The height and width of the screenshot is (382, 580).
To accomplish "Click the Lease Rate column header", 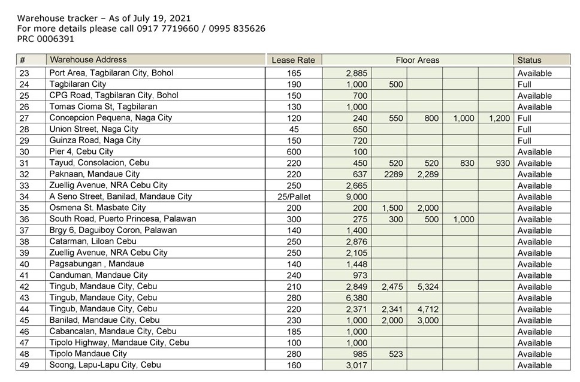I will point(294,60).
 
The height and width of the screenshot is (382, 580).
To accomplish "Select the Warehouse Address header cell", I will point(88,60).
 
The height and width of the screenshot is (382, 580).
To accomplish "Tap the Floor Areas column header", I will point(417,60).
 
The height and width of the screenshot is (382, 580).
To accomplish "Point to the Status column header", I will point(529,60).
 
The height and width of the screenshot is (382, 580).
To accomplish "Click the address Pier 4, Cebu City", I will point(81,151).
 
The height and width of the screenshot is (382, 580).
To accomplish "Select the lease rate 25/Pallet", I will point(294,196).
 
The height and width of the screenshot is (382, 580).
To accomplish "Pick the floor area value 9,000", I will point(357,196).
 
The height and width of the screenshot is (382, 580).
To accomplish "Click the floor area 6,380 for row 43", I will point(357,298).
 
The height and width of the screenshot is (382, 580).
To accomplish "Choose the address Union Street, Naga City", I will point(93,129).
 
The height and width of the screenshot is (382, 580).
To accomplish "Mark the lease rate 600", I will point(294,152).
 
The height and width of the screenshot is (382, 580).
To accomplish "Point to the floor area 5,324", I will point(427,287).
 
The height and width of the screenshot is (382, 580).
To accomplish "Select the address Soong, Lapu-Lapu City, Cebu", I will point(105,365).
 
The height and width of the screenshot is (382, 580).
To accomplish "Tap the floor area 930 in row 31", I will point(500,163).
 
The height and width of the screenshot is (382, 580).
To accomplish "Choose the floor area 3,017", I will point(357,365).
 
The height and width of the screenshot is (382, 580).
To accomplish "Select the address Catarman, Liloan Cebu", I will point(93,241).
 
